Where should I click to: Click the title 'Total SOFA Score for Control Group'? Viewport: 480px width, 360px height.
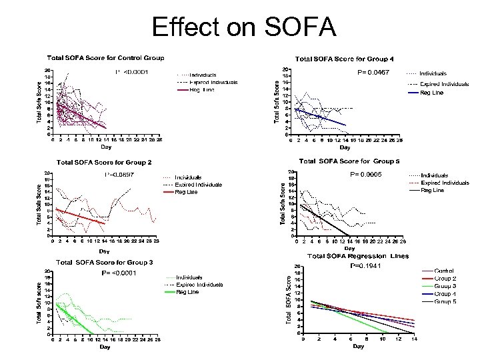(x=105, y=58)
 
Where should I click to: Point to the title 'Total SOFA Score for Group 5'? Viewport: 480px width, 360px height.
(x=349, y=161)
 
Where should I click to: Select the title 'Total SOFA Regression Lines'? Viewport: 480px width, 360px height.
(x=357, y=256)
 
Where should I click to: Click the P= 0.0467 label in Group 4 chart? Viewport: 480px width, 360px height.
(x=373, y=71)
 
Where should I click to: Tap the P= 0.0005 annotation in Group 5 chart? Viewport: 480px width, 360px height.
(x=368, y=174)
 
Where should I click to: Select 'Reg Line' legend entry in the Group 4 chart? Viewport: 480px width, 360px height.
(x=433, y=93)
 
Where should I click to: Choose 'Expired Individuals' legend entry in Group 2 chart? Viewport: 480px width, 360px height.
(x=198, y=185)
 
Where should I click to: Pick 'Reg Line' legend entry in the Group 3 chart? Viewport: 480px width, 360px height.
(x=186, y=291)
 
